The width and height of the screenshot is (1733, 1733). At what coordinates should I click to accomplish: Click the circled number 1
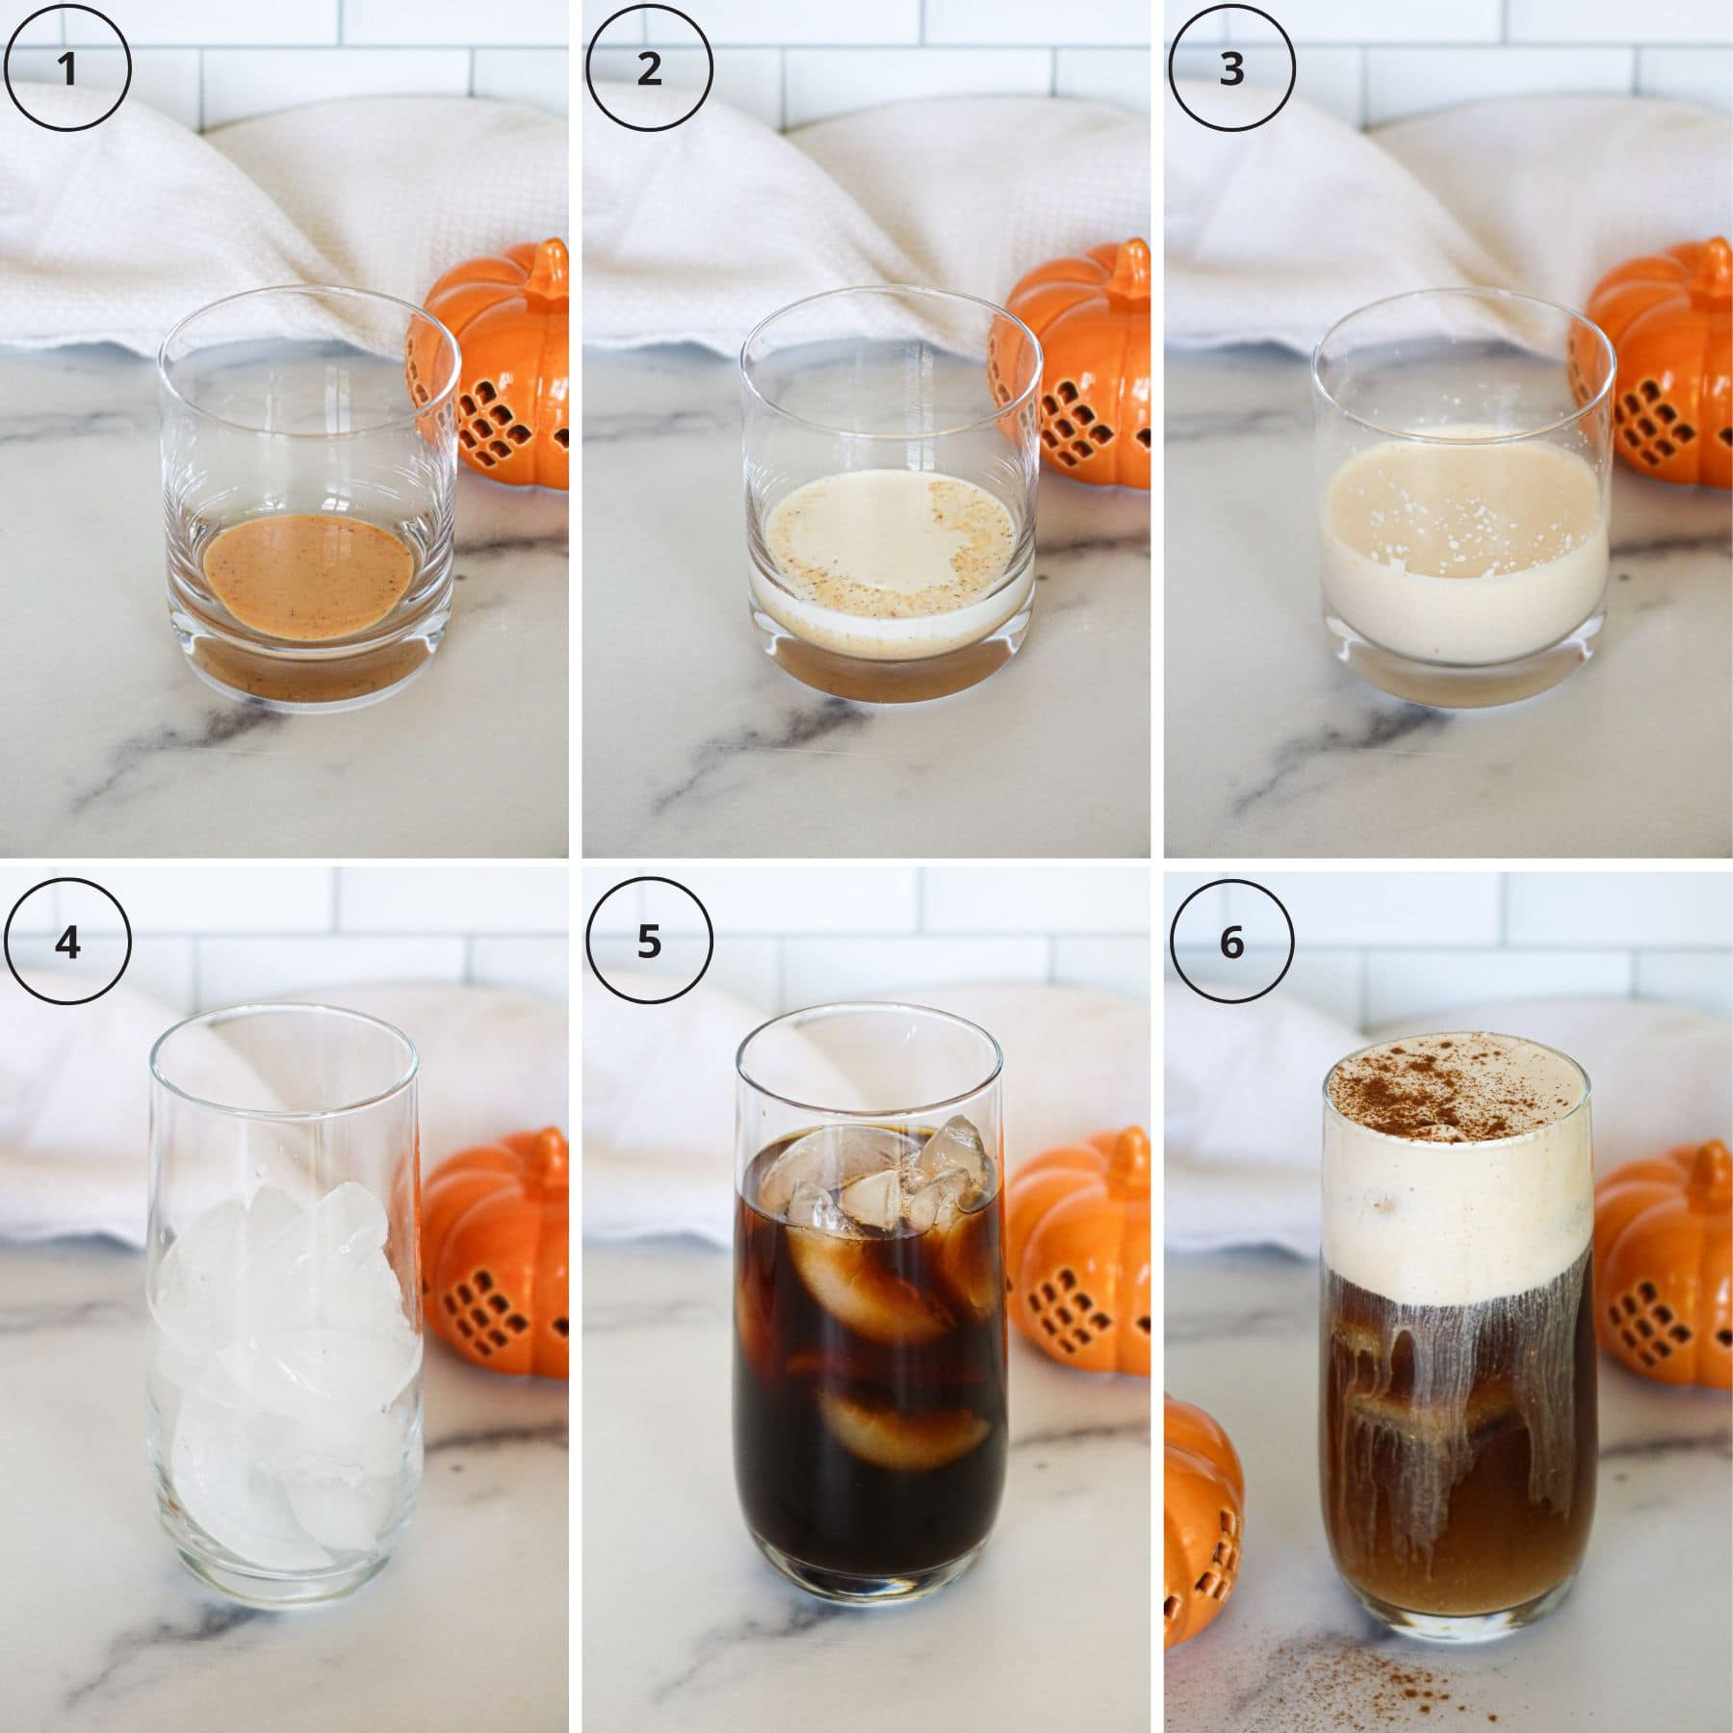pyautogui.click(x=67, y=69)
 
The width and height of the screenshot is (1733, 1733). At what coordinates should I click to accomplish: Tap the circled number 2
pyautogui.click(x=649, y=69)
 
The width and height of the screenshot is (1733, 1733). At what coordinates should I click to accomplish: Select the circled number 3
pyautogui.click(x=1231, y=69)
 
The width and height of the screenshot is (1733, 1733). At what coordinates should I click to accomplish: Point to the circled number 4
pyautogui.click(x=67, y=942)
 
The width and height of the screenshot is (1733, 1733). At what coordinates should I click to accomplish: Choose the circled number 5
pyautogui.click(x=649, y=942)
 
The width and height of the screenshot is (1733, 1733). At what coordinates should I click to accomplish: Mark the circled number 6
pyautogui.click(x=1231, y=942)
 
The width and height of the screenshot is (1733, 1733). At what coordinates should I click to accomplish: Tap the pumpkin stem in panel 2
pyautogui.click(x=1117, y=265)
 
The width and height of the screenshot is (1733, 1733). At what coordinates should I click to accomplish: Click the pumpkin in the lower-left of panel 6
pyautogui.click(x=1199, y=1521)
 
